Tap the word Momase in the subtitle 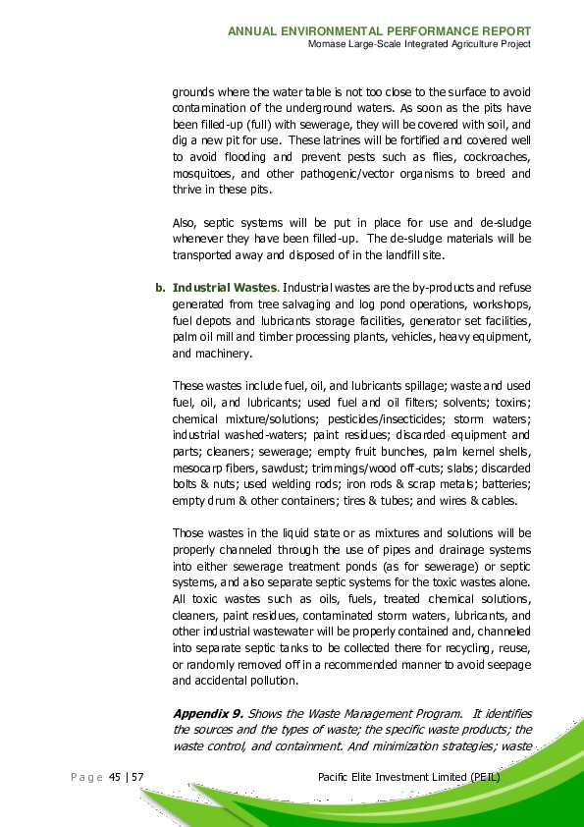click(x=328, y=45)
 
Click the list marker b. click(x=159, y=288)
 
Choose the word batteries click(x=505, y=483)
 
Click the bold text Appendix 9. click(x=208, y=713)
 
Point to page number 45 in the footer click(x=116, y=778)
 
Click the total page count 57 click(x=138, y=778)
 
